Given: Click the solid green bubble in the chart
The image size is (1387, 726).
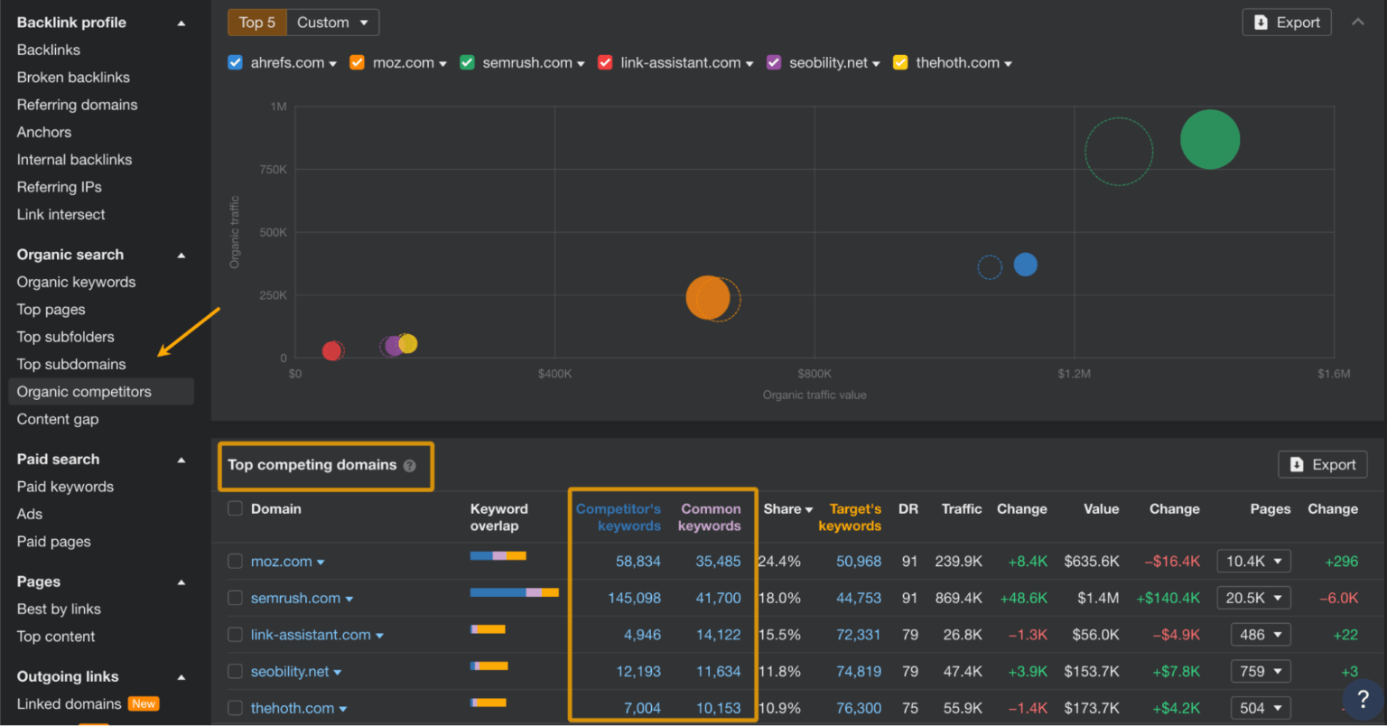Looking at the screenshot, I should tap(1209, 140).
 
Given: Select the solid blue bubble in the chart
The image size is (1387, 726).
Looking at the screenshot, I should tap(1025, 265).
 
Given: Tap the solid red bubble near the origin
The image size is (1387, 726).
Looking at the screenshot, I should tap(331, 351).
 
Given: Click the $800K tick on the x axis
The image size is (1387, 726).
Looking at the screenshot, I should tap(814, 374).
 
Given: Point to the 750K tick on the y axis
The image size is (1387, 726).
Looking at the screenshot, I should tap(273, 170).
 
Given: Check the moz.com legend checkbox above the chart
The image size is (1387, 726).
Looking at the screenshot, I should tap(358, 62).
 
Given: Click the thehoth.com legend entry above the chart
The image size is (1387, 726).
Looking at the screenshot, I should tap(957, 62).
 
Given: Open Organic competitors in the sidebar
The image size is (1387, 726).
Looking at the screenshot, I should tap(84, 392).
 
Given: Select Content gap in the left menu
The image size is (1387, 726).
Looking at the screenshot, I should tap(58, 419).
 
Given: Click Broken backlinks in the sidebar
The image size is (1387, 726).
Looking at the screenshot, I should tap(73, 78).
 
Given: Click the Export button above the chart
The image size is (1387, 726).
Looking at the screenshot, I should tap(1287, 23).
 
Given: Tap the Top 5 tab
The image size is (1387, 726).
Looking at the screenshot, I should tap(257, 23).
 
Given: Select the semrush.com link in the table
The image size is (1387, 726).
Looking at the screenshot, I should tap(295, 598).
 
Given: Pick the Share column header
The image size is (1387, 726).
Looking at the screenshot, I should tap(782, 509).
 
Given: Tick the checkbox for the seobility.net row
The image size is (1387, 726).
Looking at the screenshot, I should tap(236, 672).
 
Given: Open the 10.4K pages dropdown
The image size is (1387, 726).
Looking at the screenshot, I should tap(1253, 562).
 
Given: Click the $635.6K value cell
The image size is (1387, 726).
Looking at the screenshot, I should tap(1091, 562).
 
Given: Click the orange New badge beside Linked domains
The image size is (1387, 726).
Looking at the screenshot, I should tap(144, 704).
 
